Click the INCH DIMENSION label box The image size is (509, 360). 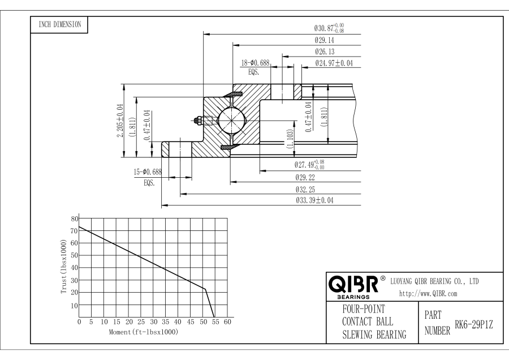[59, 24]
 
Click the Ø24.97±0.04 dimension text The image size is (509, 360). [334, 63]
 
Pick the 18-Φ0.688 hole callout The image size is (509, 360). [255, 63]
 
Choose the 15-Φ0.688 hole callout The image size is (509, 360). [147, 172]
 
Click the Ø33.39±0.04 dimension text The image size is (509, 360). [314, 200]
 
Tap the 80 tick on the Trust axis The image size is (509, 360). [74, 218]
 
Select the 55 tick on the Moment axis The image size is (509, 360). [215, 322]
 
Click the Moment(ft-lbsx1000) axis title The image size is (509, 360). [143, 331]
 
